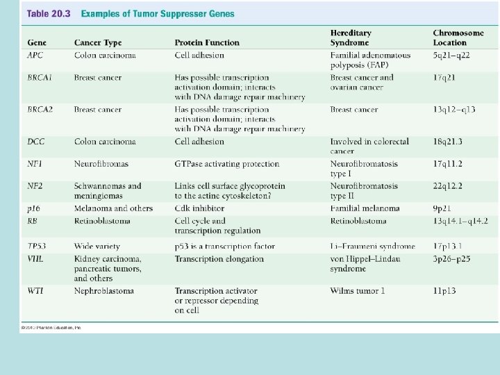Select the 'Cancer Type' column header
tap(98, 43)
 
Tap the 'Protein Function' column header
tap(208, 43)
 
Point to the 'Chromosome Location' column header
tap(459, 37)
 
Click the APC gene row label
tap(35, 56)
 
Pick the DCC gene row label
tap(36, 142)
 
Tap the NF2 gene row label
tap(35, 186)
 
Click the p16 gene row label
tap(34, 208)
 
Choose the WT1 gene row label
tap(35, 291)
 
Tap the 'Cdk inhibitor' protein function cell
tap(199, 208)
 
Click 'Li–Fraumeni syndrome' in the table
tap(372, 246)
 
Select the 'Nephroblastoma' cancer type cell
tap(103, 291)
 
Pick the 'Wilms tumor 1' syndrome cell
tap(357, 291)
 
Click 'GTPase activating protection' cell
tap(226, 164)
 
